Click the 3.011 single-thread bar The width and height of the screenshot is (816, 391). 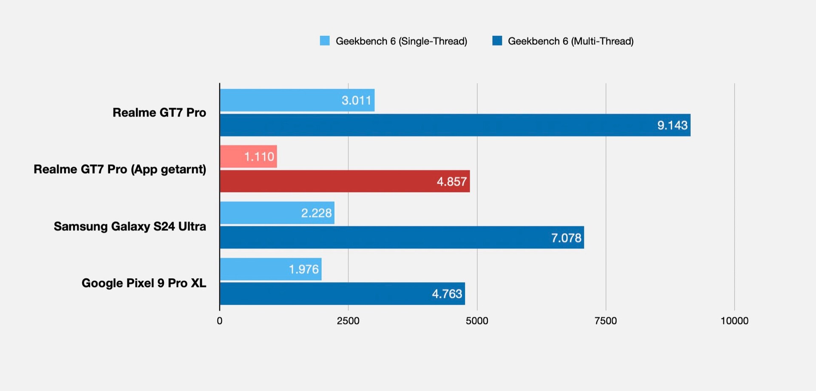[x=297, y=100]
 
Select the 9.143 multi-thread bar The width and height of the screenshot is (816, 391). [x=455, y=125]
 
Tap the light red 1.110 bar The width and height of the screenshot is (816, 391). [x=248, y=157]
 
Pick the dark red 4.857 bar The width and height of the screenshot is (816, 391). [x=344, y=181]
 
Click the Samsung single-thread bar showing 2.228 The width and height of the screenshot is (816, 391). [x=277, y=213]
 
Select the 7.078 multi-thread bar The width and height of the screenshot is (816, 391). [x=402, y=237]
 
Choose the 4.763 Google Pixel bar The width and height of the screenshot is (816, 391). [x=342, y=294]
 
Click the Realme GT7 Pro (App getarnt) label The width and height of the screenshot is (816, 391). [x=120, y=169]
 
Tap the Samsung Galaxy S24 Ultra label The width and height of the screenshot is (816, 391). [x=130, y=226]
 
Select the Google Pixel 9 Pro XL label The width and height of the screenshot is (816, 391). [x=144, y=283]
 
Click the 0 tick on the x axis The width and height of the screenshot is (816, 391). [x=219, y=321]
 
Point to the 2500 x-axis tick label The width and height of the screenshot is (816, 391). [x=348, y=321]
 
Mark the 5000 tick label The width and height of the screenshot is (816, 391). [x=477, y=321]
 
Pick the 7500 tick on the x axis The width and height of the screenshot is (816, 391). [x=606, y=321]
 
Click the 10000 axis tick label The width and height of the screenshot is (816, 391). [x=734, y=321]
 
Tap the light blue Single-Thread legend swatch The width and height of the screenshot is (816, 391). [x=325, y=41]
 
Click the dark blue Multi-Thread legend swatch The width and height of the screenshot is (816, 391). [x=497, y=41]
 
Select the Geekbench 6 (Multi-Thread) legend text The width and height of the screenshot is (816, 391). [x=570, y=41]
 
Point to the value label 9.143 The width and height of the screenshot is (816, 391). [x=672, y=125]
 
